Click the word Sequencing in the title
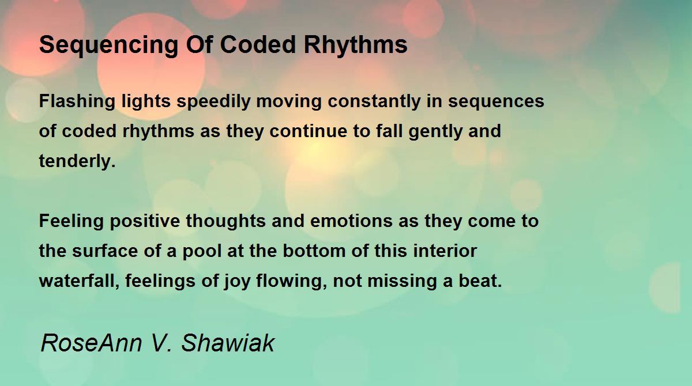[109, 46]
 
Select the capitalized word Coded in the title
[258, 44]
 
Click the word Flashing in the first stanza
[77, 101]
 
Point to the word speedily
[213, 101]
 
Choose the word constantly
[374, 101]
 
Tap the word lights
[146, 101]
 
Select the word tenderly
[77, 161]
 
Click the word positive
[145, 222]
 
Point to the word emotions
[351, 221]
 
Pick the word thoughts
[226, 222]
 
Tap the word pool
[202, 251]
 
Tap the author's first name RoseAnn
[92, 343]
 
